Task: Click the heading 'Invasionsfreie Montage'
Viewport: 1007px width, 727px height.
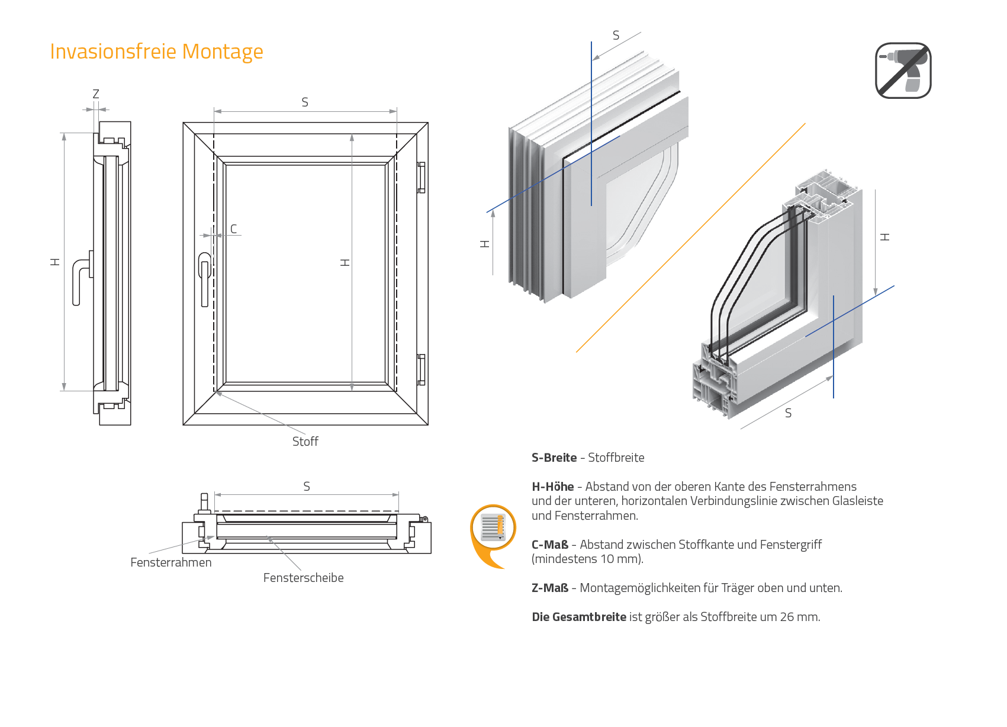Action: [x=156, y=52]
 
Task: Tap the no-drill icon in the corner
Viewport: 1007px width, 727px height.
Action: [x=903, y=70]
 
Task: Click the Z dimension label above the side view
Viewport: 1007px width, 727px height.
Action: [x=96, y=94]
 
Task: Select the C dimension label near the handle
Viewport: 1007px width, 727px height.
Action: [x=234, y=229]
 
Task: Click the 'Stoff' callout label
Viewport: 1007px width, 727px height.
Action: [x=305, y=442]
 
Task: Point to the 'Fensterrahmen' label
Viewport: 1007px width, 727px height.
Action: [x=170, y=562]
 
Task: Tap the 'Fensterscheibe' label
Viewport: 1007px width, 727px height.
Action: [x=303, y=578]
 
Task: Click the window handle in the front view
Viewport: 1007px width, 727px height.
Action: [x=205, y=278]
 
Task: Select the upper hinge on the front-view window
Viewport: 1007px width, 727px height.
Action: [x=421, y=178]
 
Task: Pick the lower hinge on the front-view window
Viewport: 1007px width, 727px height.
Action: [x=421, y=369]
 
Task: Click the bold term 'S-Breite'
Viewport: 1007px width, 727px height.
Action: [x=554, y=458]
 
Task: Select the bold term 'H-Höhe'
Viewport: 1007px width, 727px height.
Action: [x=552, y=487]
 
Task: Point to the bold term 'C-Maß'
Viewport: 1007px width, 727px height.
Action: [x=549, y=545]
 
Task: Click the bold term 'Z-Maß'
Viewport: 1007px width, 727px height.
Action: [x=549, y=588]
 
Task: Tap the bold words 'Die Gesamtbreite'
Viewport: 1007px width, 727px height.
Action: [x=578, y=617]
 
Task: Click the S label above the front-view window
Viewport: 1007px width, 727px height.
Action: [x=305, y=102]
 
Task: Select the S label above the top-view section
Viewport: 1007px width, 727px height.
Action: [x=307, y=487]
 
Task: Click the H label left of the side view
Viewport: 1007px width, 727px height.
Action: [x=55, y=262]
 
